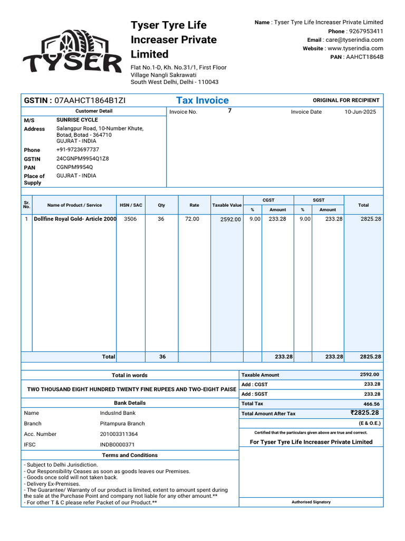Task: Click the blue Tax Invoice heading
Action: (x=202, y=100)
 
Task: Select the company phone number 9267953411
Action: (x=367, y=31)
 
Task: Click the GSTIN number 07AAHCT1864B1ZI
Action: (x=90, y=100)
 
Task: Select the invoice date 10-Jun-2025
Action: (x=360, y=112)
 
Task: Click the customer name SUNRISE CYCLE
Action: (x=77, y=120)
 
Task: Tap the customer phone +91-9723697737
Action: (x=78, y=150)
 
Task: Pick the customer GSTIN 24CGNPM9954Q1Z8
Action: (x=83, y=158)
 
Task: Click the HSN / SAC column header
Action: (x=131, y=205)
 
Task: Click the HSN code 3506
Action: (x=130, y=219)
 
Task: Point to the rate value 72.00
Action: (x=192, y=219)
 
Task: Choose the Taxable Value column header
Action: (x=227, y=205)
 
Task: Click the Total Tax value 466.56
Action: (x=371, y=404)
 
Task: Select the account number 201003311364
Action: (x=119, y=434)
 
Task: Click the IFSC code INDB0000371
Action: (x=117, y=445)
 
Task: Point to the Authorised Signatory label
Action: (x=311, y=502)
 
